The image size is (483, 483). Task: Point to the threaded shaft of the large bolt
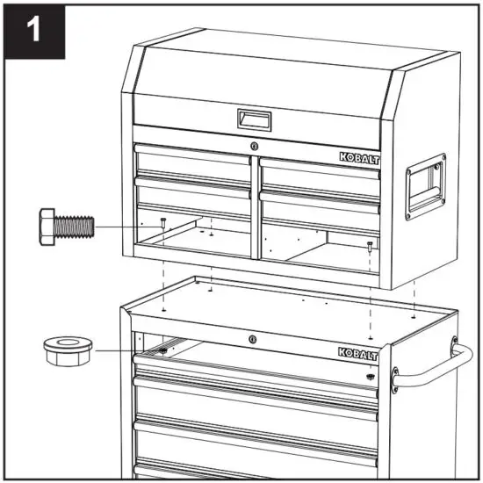pyautogui.click(x=77, y=227)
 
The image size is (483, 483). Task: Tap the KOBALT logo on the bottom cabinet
pyautogui.click(x=357, y=352)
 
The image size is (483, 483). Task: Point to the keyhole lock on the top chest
pyautogui.click(x=255, y=146)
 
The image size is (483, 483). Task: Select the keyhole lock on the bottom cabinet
pyautogui.click(x=251, y=339)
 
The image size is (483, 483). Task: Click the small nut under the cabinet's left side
pyautogui.click(x=163, y=351)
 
